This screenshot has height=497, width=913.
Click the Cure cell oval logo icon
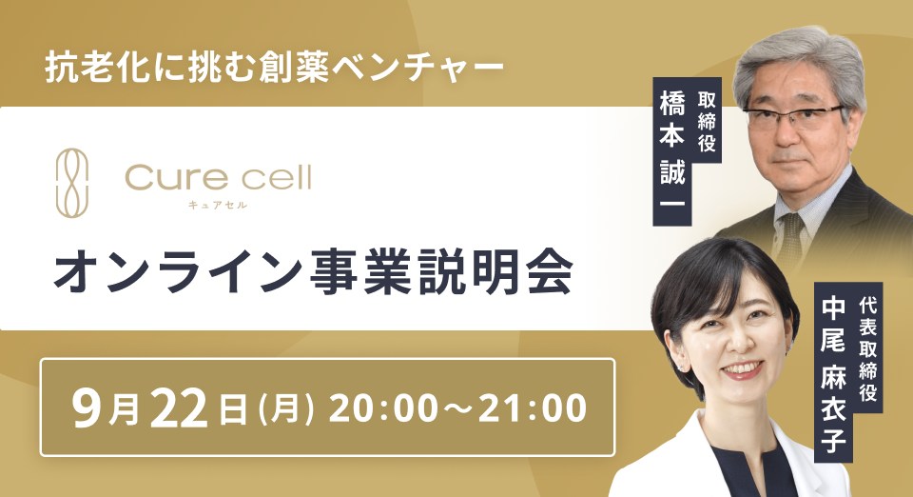[72, 183]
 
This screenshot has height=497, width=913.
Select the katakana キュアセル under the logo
[218, 205]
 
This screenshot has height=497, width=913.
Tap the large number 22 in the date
[179, 409]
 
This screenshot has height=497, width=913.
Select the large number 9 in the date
[87, 408]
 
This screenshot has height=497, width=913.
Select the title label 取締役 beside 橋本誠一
[707, 122]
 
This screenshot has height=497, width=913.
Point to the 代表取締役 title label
[867, 348]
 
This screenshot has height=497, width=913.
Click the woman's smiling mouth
[741, 368]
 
